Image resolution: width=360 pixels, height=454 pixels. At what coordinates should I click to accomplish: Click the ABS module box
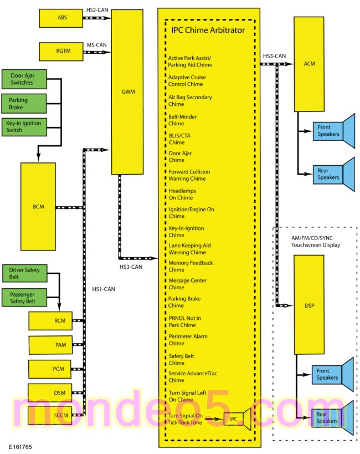pos(61,18)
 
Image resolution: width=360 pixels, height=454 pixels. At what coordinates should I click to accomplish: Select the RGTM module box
pos(61,52)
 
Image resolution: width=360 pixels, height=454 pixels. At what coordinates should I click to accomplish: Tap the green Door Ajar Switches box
pos(24,79)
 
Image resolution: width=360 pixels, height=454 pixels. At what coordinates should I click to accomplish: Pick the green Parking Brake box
pos(24,103)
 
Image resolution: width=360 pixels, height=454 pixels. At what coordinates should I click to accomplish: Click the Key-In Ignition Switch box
pos(24,127)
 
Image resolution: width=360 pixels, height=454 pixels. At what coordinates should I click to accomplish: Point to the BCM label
pos(38,207)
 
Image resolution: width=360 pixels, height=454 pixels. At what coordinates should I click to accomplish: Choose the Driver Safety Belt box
pos(24,273)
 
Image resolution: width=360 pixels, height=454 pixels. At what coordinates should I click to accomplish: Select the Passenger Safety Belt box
pos(24,297)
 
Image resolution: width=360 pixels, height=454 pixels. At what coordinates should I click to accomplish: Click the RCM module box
pos(50,321)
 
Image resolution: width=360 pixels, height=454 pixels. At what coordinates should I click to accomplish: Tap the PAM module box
pos(50,345)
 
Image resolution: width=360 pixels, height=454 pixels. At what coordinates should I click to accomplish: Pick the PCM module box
pos(50,369)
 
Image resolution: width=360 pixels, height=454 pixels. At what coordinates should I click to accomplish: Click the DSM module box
pos(50,393)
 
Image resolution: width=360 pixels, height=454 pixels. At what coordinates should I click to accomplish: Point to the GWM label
pos(128,92)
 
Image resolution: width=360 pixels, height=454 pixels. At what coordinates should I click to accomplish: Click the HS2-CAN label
pos(97,10)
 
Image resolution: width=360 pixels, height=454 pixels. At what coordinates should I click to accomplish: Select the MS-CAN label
pos(97,45)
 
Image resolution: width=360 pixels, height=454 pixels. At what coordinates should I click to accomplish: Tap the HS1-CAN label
pos(104,289)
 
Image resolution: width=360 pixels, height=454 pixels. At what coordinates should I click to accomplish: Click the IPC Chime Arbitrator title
pos(208,30)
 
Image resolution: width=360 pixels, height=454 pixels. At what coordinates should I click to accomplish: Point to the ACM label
pos(310,64)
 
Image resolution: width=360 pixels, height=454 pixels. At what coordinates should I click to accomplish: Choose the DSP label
pos(310,305)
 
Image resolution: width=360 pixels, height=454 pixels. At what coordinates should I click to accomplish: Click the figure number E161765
pos(20,447)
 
